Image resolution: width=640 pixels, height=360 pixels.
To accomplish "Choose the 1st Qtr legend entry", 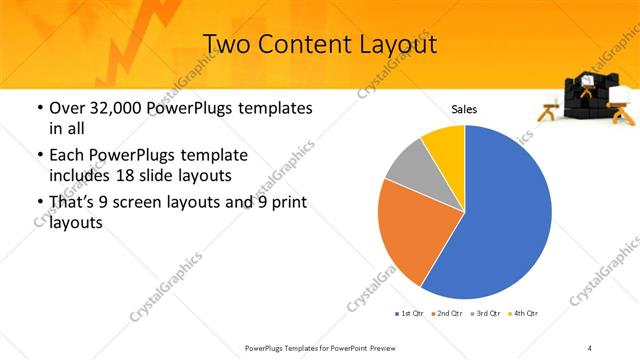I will coord(411,314).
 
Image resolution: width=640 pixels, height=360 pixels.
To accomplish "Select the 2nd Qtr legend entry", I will coord(448,314).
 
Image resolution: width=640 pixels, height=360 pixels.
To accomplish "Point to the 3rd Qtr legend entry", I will coord(486,314).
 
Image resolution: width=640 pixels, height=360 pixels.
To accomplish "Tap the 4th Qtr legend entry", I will coord(524,314).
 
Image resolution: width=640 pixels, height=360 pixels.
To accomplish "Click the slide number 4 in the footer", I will coord(590,347).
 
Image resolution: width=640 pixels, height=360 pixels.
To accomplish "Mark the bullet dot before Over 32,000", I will coord(39,108).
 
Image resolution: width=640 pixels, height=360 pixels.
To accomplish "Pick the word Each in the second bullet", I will coord(66,155).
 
